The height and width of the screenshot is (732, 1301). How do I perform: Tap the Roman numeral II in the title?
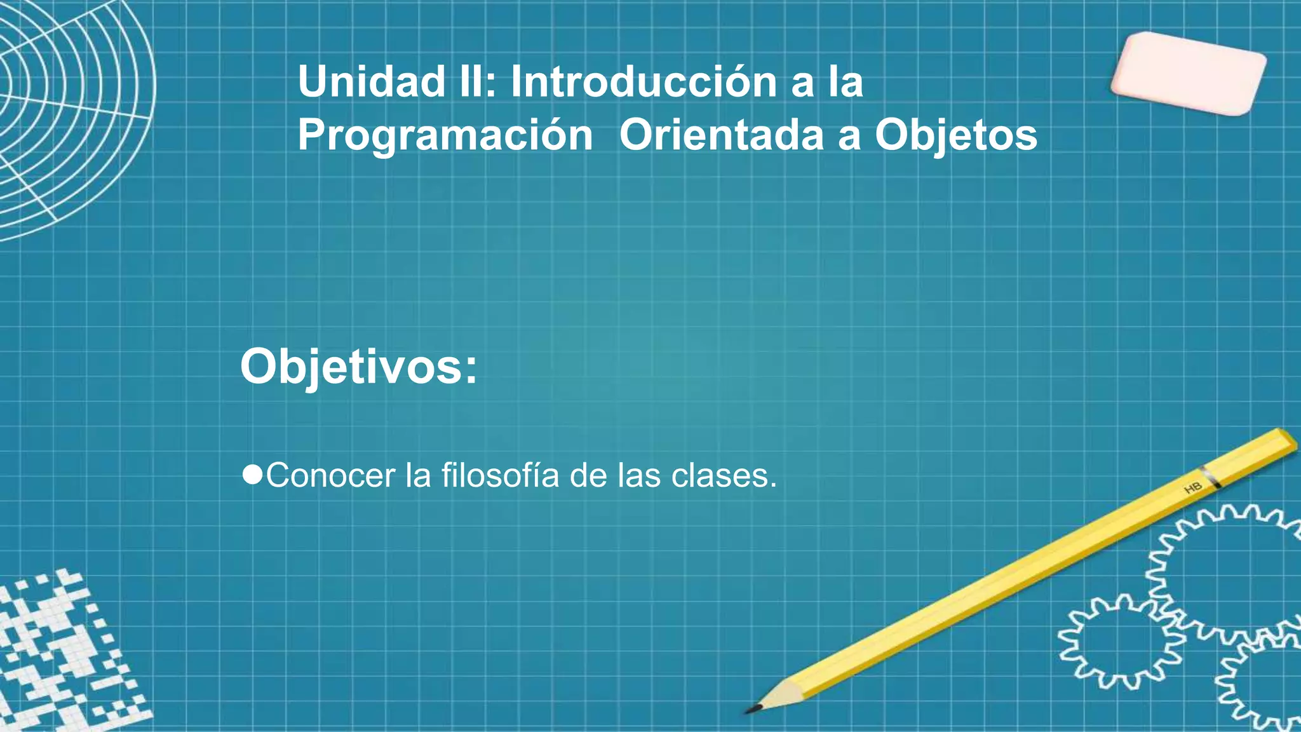475,82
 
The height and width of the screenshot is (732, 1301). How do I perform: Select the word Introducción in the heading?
644,82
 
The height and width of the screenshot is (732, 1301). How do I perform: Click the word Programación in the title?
445,135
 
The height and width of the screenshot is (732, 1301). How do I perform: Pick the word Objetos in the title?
956,135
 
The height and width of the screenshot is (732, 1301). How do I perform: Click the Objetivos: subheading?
358,367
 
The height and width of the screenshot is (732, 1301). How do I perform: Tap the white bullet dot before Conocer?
252,474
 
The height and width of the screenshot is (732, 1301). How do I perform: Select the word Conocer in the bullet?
330,475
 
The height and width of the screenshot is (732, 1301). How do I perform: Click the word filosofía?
500,475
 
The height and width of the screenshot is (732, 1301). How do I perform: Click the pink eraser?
1188,74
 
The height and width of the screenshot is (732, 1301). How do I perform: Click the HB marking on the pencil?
1193,487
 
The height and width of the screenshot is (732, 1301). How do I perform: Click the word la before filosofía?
418,475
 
